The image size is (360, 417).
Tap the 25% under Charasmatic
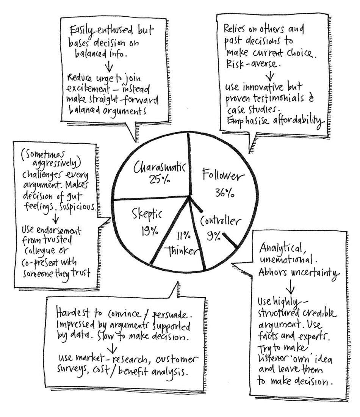click(x=160, y=180)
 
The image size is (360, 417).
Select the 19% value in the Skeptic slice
click(x=150, y=231)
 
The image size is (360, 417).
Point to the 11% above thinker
click(x=184, y=235)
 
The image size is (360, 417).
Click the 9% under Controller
click(x=214, y=235)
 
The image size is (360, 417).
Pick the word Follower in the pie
click(x=223, y=175)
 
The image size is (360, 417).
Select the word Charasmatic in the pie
click(x=159, y=167)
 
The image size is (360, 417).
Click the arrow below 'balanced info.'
click(x=108, y=67)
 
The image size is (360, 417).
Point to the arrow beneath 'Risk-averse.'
click(x=270, y=75)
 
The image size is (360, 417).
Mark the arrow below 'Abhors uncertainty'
click(x=290, y=287)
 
